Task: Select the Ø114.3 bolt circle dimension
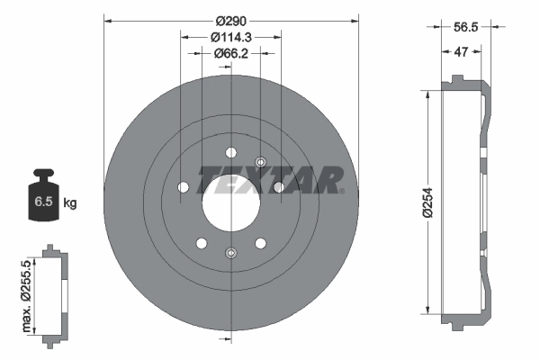(230, 37)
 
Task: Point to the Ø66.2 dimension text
(230, 54)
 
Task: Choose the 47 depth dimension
(460, 53)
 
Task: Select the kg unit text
(69, 203)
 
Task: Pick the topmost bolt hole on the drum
(230, 151)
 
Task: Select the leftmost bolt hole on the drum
(183, 186)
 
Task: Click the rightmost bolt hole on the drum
(279, 186)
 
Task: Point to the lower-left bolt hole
(201, 243)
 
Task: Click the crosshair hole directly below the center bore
(230, 253)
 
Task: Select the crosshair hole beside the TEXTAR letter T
(260, 162)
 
